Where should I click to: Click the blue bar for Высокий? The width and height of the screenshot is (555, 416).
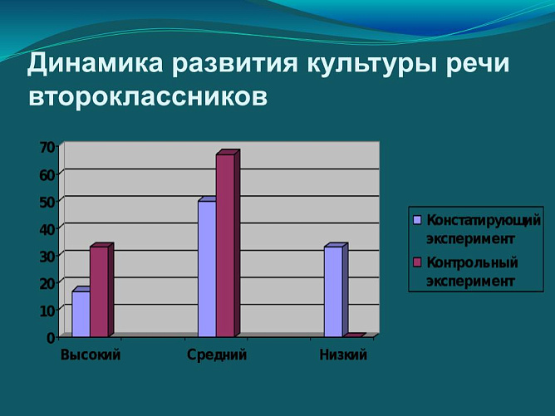click(81, 314)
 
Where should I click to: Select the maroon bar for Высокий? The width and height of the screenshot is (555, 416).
click(99, 291)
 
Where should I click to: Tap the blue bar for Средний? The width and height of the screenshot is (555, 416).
click(207, 268)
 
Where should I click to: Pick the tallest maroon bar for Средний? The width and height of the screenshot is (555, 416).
click(225, 245)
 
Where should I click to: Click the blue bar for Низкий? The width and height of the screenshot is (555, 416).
click(333, 291)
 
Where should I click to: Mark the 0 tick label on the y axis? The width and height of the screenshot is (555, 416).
click(51, 337)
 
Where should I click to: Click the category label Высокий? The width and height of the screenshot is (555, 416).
click(91, 355)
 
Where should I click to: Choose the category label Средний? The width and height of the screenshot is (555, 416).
click(217, 355)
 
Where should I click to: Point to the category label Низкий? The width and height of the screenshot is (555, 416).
click(343, 355)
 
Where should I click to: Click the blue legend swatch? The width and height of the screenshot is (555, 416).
click(418, 221)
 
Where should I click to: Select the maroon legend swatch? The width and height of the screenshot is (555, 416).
click(418, 263)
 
